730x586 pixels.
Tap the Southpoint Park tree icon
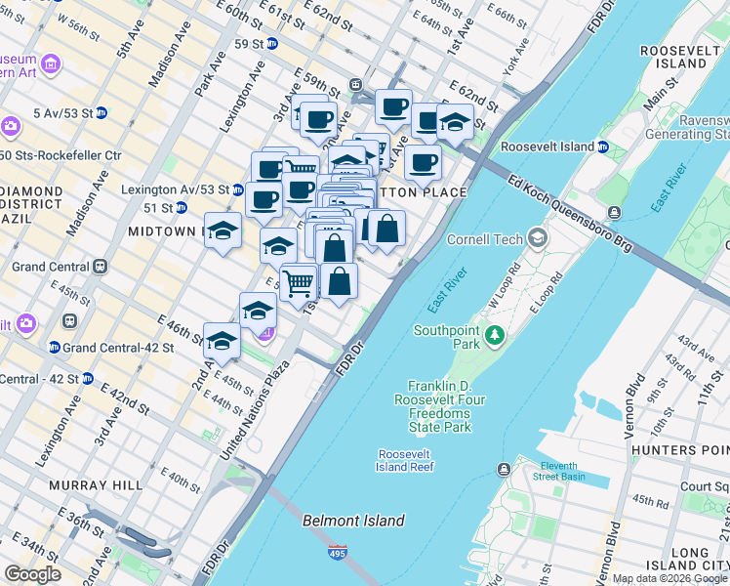[495, 337]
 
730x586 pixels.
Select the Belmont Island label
[353, 521]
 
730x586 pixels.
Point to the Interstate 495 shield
[338, 553]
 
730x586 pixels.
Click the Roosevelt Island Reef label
[406, 460]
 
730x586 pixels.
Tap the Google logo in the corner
[33, 574]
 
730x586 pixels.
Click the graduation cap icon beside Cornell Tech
[537, 238]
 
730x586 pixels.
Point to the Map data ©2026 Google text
[669, 578]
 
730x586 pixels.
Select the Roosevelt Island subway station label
[547, 146]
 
